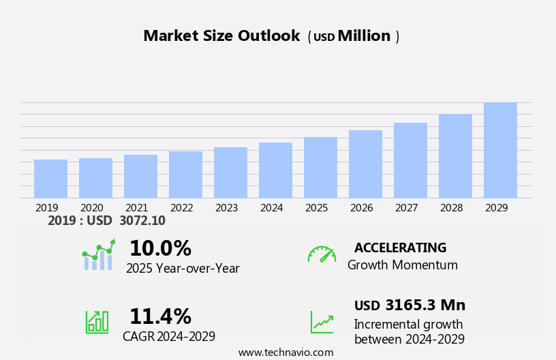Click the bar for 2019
click(x=50, y=179)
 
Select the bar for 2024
click(x=275, y=170)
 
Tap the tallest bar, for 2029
click(x=500, y=150)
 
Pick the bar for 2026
click(x=365, y=164)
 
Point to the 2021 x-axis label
click(x=136, y=208)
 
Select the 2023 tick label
click(x=226, y=208)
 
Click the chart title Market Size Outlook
click(x=221, y=36)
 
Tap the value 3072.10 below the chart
click(x=142, y=221)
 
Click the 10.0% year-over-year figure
click(x=160, y=248)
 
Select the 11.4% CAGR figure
click(x=160, y=316)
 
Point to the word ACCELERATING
click(x=400, y=248)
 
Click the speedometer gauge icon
click(x=322, y=254)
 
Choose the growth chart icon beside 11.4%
click(x=97, y=321)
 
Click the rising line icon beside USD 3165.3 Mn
click(x=322, y=322)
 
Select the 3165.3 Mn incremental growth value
click(x=424, y=305)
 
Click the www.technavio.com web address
click(x=285, y=352)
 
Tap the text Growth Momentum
click(x=402, y=265)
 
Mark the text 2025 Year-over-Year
click(x=183, y=269)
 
